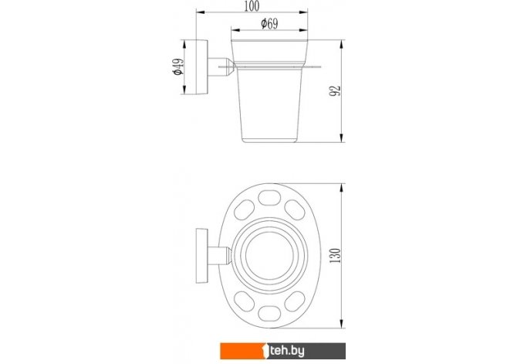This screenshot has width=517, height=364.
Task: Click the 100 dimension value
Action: tap(252, 6)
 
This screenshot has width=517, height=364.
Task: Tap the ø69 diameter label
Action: tap(269, 24)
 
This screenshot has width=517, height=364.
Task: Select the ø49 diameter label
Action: tap(178, 66)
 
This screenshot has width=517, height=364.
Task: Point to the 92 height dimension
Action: tap(335, 91)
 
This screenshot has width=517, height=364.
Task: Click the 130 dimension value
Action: tap(335, 255)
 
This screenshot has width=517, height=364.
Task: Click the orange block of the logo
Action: tap(243, 351)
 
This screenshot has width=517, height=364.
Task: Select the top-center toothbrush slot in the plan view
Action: tap(269, 198)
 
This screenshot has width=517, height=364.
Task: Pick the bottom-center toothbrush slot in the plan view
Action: tap(269, 314)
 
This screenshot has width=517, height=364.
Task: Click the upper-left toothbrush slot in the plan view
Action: tap(244, 209)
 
